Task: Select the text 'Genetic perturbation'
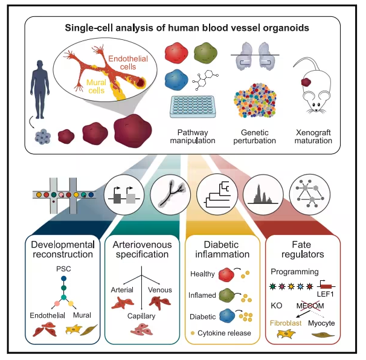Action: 255,137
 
